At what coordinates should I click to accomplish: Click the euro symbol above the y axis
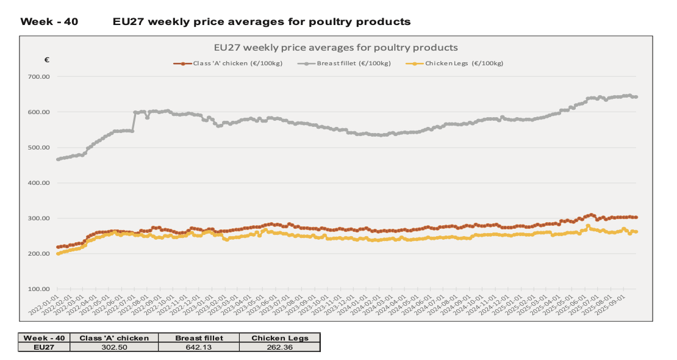[x=47, y=60]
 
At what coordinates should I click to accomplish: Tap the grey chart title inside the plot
[x=335, y=47]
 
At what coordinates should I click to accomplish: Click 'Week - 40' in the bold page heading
[x=49, y=22]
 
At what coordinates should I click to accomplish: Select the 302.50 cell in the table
[x=114, y=347]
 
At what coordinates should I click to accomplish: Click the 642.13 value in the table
[x=198, y=347]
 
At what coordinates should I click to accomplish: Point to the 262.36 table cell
[x=279, y=347]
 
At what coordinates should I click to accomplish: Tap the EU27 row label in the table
[x=44, y=347]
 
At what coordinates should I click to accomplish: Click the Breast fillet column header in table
[x=198, y=337]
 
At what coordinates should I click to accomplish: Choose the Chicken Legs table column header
[x=279, y=337]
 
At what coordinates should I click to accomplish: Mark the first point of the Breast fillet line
[x=58, y=159]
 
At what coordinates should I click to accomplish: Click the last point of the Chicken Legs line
[x=636, y=232]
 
